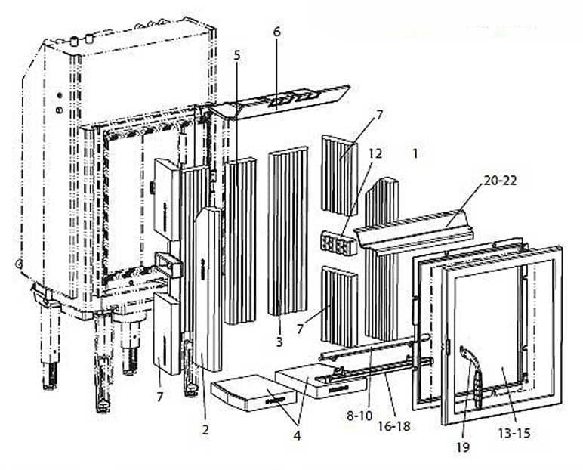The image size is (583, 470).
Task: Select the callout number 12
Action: click(375, 153)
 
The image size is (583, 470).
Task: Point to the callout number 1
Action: click(415, 153)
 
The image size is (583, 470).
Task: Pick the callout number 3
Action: click(279, 342)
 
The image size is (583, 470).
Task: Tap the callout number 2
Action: click(205, 430)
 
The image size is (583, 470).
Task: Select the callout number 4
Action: click(296, 435)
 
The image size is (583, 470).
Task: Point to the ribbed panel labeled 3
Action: click(287, 230)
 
